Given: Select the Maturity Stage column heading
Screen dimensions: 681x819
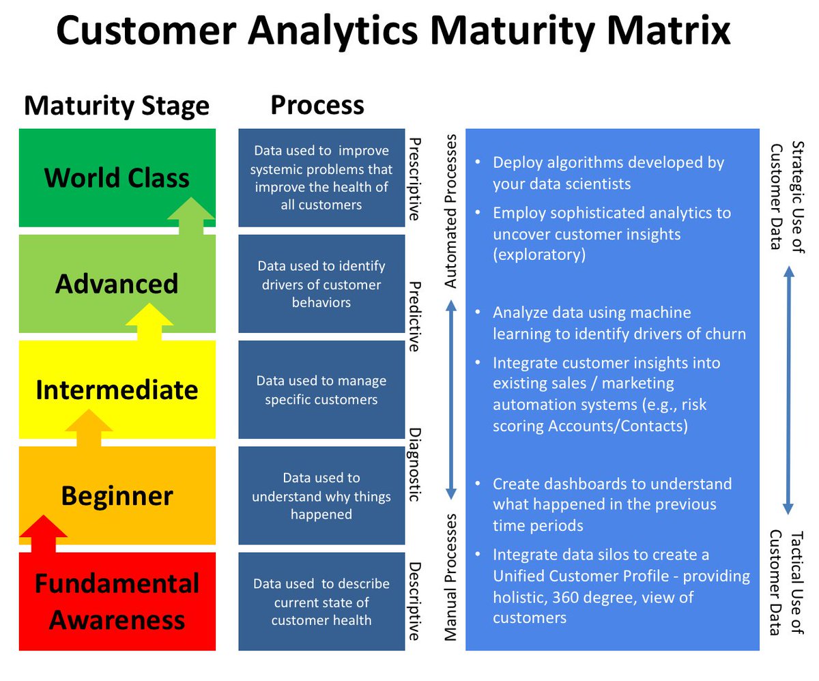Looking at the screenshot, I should pos(117,106).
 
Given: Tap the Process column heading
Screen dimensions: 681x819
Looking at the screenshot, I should pos(317,105).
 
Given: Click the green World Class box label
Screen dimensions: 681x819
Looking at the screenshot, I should pos(117,177).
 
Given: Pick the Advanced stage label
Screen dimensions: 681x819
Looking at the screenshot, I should pos(117,283).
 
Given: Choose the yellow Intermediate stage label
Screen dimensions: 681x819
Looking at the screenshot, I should pos(117,390).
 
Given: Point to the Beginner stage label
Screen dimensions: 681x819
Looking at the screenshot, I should pos(117,495).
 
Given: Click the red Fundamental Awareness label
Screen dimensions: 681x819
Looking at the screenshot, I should pos(117,602).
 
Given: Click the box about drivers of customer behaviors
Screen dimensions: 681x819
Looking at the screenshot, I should pos(321,284).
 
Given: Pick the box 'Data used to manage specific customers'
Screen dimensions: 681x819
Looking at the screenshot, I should pos(321,390).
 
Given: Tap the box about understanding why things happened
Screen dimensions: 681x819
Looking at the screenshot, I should pos(321,496).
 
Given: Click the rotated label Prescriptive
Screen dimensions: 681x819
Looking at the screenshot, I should pos(414,179).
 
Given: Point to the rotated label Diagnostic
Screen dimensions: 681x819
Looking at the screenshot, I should pos(414,465).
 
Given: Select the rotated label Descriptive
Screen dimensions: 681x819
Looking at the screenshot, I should pos(414,600).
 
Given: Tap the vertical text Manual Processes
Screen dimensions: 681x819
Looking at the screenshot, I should pos(451,577).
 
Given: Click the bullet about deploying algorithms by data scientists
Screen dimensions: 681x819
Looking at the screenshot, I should pos(607,173).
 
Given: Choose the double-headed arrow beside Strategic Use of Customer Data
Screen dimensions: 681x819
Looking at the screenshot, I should pos(788,390).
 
